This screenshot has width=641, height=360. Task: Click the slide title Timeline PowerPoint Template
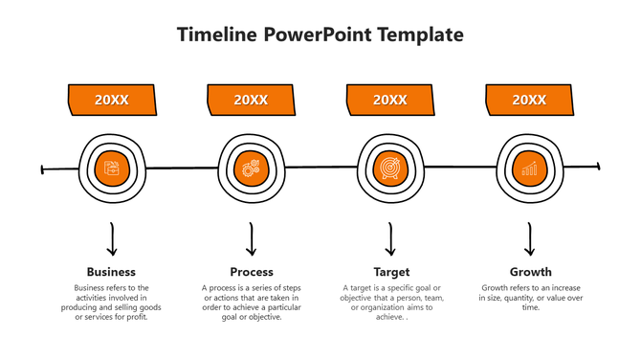pos(320,34)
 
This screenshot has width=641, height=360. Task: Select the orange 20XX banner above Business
pos(112,100)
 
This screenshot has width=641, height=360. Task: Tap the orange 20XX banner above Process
pos(251,100)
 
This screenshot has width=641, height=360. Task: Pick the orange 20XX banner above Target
pos(390,100)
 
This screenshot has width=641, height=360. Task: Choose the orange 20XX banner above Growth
pos(529,100)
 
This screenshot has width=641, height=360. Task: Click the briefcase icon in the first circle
pos(112,169)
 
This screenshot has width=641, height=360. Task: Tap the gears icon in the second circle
pos(252,169)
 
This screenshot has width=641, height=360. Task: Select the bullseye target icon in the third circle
pos(390,169)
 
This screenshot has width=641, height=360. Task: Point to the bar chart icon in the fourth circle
pos(529,169)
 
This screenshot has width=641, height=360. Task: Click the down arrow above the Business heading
pos(112,239)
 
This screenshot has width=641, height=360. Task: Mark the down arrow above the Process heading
pos(252,239)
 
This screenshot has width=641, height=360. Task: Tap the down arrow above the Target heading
pos(390,239)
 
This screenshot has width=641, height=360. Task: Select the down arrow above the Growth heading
pos(530,239)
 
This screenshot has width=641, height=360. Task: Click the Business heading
pos(111,272)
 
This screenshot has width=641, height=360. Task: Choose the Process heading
pos(252,272)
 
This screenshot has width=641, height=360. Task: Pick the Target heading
pos(391,272)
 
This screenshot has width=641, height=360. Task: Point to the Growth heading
pos(530,272)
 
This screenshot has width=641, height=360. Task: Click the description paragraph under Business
pos(112,303)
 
